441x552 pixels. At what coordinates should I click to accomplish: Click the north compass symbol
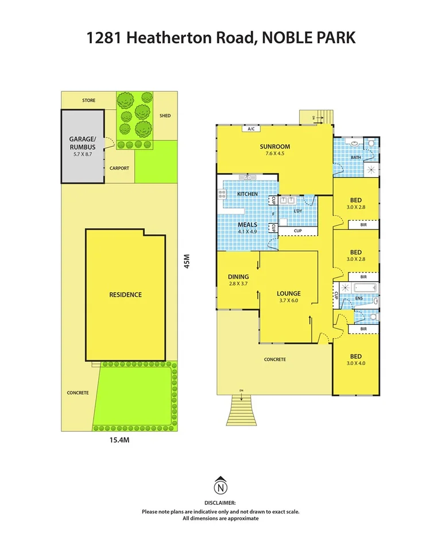(x=220, y=487)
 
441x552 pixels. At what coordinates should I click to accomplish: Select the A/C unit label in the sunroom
(x=250, y=129)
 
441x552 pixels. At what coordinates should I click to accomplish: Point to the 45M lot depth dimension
(x=186, y=262)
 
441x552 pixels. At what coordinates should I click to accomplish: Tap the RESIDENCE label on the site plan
(x=125, y=294)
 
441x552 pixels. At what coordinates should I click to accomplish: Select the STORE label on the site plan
(x=88, y=100)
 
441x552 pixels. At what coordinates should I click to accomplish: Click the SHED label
(x=165, y=116)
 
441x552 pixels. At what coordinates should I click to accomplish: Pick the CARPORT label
(x=119, y=168)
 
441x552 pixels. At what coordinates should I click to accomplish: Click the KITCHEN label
(x=247, y=194)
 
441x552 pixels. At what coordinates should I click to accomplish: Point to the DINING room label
(x=237, y=279)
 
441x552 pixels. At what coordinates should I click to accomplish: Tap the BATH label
(x=356, y=157)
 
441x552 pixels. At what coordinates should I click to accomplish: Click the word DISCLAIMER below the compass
(x=220, y=503)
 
